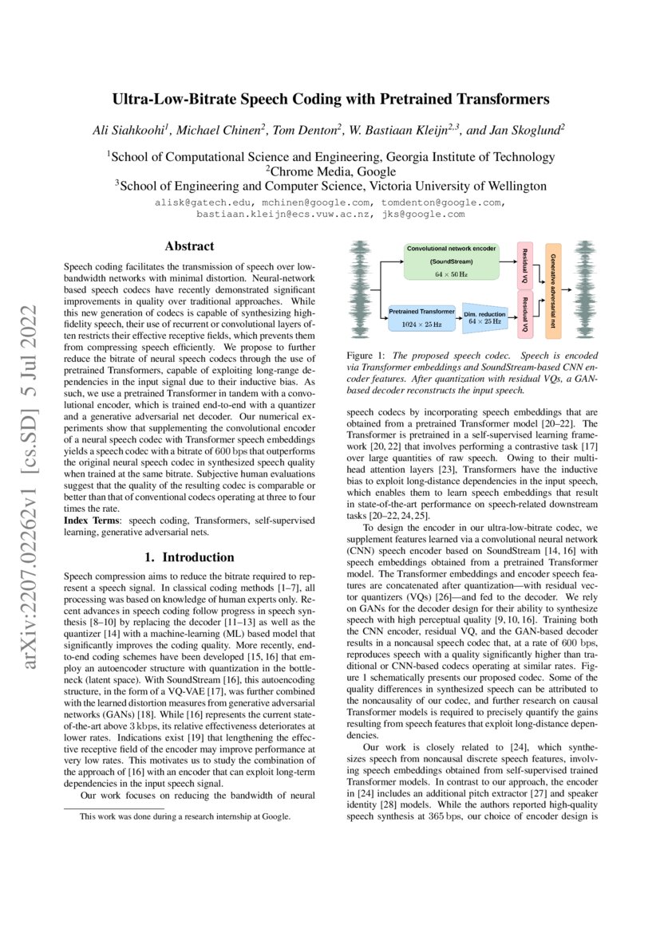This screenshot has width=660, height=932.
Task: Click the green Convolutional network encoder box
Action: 452,262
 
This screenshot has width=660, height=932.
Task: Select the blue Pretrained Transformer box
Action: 422,317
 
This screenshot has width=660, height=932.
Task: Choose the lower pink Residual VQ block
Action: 525,313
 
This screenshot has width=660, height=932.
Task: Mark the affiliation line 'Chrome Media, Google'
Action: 330,171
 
